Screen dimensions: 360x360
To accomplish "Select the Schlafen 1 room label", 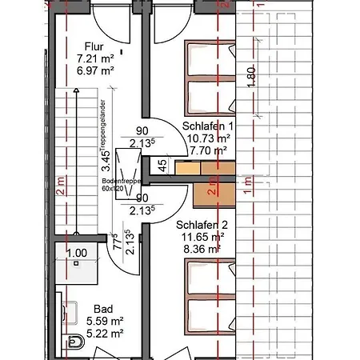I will point(208,126).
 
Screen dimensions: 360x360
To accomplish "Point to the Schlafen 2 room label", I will point(200,226).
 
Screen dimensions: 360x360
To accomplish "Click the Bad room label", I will point(102,308).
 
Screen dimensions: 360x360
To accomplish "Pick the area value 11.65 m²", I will point(200,238).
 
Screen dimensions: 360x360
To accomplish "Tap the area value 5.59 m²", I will point(102,319).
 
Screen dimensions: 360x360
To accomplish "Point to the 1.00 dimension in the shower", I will point(76,254).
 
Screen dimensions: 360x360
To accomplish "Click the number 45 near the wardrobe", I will point(162,166).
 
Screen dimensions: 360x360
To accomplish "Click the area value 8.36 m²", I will point(200,249).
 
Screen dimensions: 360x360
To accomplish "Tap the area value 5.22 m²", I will point(102,330).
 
